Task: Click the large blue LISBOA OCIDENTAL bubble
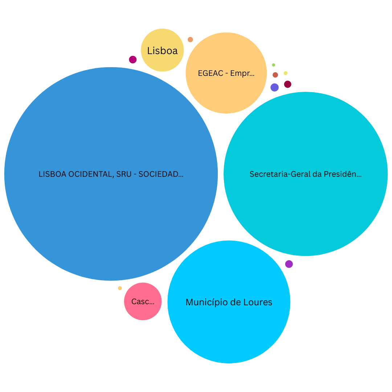click(x=111, y=174)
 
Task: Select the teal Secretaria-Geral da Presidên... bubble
click(x=306, y=174)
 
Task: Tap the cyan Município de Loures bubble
click(x=229, y=302)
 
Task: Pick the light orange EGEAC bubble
click(x=226, y=73)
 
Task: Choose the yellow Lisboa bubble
click(x=162, y=50)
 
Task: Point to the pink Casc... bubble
click(x=143, y=301)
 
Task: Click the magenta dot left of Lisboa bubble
click(x=133, y=60)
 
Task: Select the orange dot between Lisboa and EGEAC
click(x=190, y=40)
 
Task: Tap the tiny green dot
click(x=274, y=65)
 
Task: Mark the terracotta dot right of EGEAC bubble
click(x=275, y=75)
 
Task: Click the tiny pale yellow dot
click(x=286, y=73)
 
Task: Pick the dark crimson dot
click(x=287, y=84)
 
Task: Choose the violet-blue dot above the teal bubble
click(x=274, y=87)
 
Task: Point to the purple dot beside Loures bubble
click(x=289, y=264)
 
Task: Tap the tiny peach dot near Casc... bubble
click(x=120, y=288)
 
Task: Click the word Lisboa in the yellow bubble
click(x=162, y=51)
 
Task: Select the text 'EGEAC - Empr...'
click(x=226, y=73)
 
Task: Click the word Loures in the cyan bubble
click(x=258, y=302)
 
